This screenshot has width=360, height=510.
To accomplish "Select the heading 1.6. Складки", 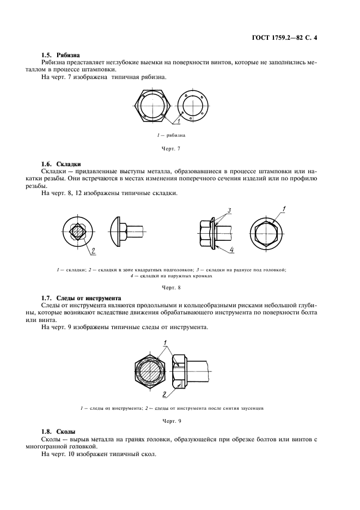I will click(61, 164).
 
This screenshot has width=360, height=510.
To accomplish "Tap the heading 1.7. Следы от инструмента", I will click(81, 298).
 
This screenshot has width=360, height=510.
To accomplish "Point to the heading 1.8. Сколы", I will click(59, 431).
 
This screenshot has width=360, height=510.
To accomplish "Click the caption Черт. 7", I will click(172, 148).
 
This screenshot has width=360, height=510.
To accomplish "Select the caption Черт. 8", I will click(172, 287).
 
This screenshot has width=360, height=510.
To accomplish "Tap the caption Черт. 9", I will click(172, 421).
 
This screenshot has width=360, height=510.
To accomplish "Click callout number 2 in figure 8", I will click(93, 251).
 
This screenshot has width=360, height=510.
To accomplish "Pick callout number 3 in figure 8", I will click(229, 210).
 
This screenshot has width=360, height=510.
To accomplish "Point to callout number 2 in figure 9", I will click(164, 394).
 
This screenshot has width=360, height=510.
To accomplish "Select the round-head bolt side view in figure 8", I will click(126, 233).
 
